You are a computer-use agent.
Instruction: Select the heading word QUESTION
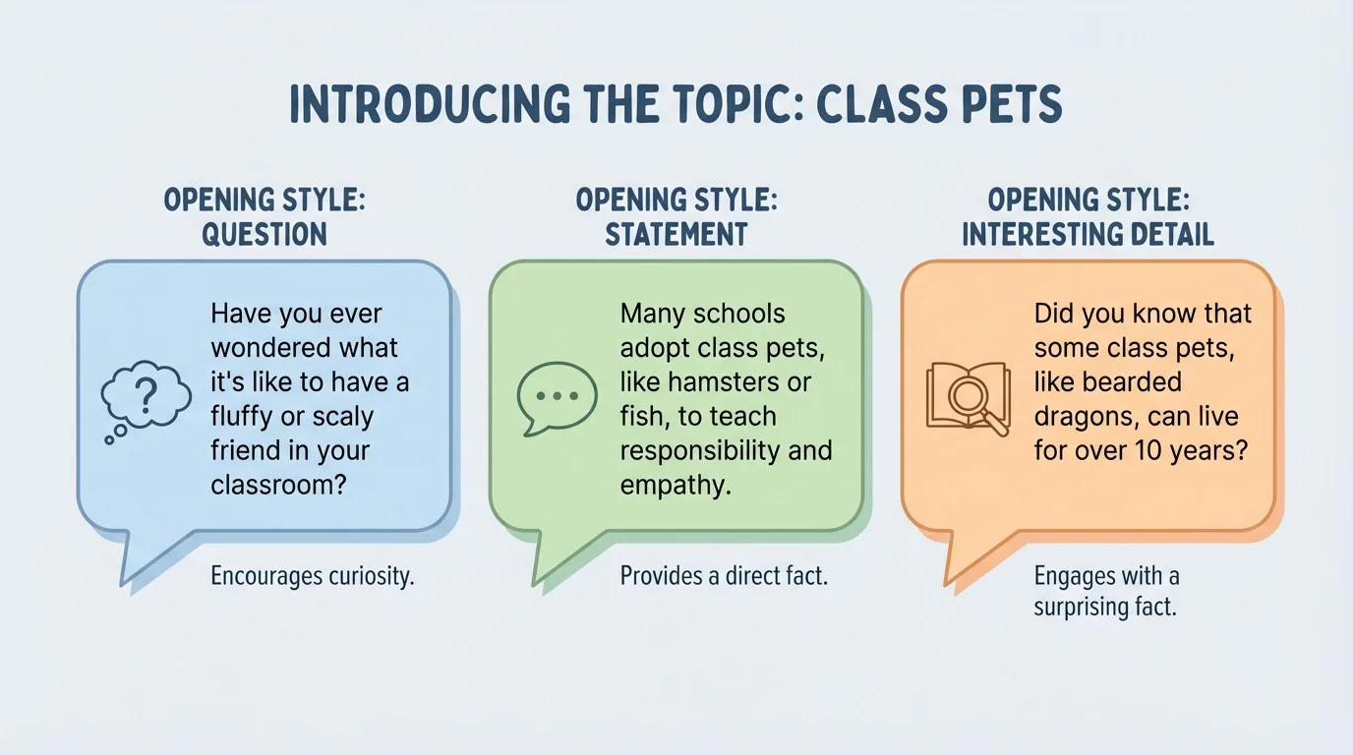point(264,234)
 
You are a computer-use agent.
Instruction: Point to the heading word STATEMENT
point(676,234)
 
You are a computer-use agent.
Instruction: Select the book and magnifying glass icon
point(968,397)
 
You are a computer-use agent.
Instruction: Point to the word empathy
point(675,485)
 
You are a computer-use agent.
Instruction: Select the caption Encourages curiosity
point(313,575)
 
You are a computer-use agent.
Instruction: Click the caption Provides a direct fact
point(724,575)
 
